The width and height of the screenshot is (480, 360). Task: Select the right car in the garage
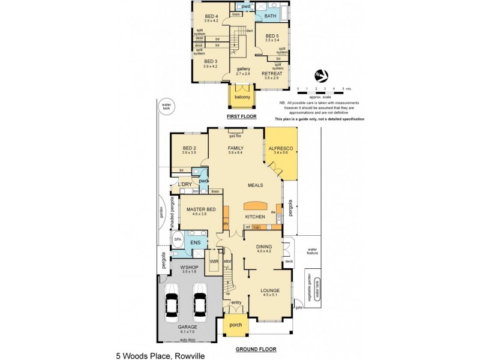[x=200, y=301]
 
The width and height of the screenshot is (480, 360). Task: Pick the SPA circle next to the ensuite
[x=177, y=239]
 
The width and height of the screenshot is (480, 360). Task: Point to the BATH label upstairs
[x=271, y=16]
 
